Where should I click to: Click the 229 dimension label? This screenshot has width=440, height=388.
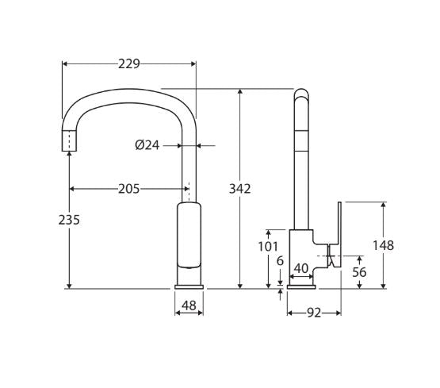(x=128, y=63)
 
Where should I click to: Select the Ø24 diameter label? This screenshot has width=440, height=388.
(x=147, y=145)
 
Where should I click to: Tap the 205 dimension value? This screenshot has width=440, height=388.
(x=128, y=188)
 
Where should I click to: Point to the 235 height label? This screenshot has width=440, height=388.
(x=69, y=220)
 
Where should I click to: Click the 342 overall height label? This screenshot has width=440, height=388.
(x=239, y=188)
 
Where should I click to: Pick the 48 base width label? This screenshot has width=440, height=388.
(x=189, y=305)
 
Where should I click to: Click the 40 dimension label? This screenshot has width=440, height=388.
(x=301, y=268)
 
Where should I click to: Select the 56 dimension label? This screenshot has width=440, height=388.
(x=358, y=271)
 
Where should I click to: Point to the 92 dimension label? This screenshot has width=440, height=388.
(x=313, y=313)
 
